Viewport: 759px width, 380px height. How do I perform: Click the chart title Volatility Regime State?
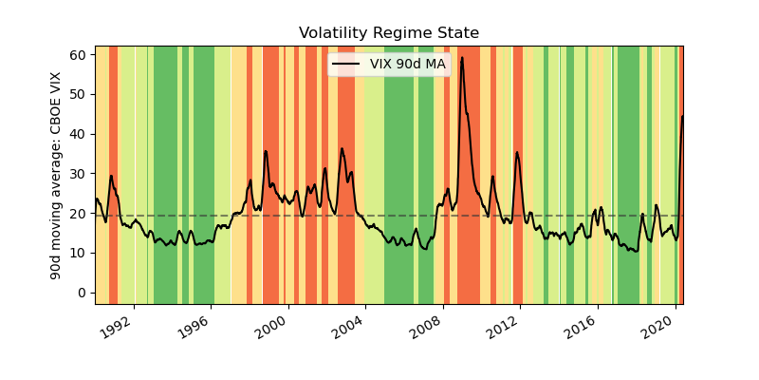click(x=389, y=33)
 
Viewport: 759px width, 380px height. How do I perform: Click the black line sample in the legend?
click(x=345, y=64)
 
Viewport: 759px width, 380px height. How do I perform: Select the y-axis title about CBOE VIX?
click(x=56, y=175)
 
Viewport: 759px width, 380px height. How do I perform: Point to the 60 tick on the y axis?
click(x=80, y=54)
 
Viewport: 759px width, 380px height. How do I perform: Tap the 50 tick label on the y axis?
click(x=80, y=94)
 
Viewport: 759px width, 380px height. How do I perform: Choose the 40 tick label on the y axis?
click(x=80, y=134)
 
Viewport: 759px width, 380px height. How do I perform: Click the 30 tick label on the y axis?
click(x=80, y=174)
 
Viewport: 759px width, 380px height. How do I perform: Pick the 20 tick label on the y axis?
click(x=80, y=214)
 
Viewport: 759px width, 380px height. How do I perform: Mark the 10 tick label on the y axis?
click(x=80, y=253)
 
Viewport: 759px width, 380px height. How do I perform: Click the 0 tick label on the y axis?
click(x=83, y=293)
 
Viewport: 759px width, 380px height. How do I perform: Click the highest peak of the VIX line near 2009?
click(x=462, y=58)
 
